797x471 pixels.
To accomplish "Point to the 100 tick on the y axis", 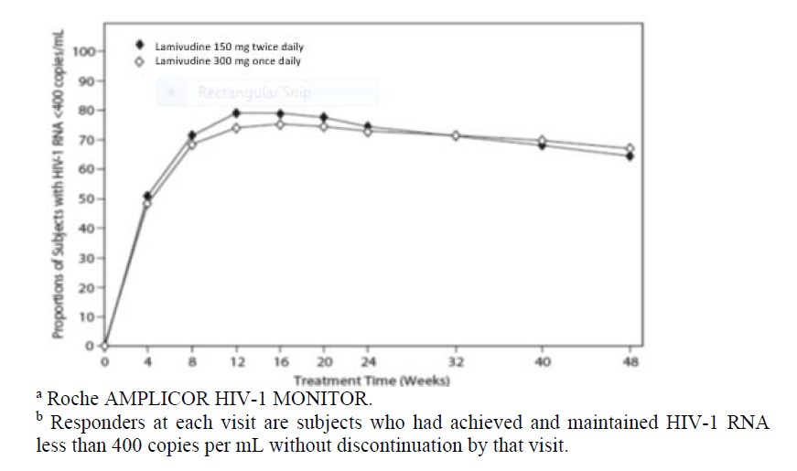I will [84, 51].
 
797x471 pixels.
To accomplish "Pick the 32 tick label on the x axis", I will [455, 362].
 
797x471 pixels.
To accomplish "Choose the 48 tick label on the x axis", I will [629, 362].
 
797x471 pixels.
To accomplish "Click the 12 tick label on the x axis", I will [235, 362].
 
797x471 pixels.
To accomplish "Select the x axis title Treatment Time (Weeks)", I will [372, 379].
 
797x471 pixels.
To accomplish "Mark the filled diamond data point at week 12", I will [235, 113].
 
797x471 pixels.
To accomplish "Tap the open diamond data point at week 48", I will [629, 148].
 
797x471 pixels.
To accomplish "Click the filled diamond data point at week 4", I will [148, 196].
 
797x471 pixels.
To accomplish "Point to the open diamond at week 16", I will [279, 123].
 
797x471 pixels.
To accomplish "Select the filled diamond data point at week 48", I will [629, 156].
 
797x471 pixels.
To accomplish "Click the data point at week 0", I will [104, 346].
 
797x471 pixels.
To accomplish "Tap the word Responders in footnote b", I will [98, 423].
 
